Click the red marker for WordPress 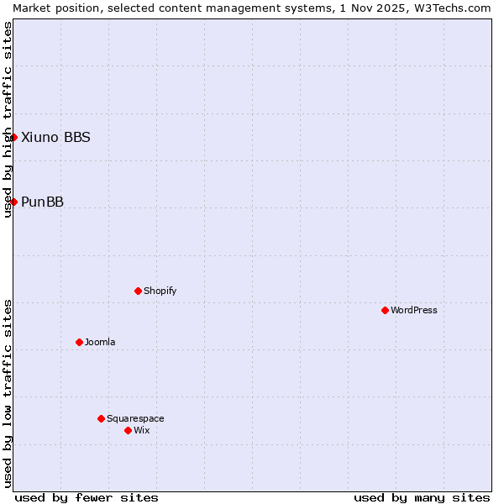click(x=385, y=310)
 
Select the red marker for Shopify click(x=138, y=291)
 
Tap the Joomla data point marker click(x=79, y=342)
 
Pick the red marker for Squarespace click(x=101, y=418)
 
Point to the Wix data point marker click(x=128, y=430)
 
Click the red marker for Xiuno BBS click(x=13, y=137)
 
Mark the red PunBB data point click(x=13, y=202)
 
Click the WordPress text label click(x=414, y=310)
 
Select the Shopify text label click(x=160, y=291)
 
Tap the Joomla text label click(x=100, y=342)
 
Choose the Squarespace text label click(x=135, y=418)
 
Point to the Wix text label click(x=142, y=430)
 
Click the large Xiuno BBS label click(x=55, y=137)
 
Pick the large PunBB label click(x=42, y=202)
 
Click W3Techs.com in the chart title click(x=454, y=8)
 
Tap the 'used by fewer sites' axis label click(x=87, y=497)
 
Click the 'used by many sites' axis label click(x=422, y=497)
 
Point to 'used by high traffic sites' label click(x=8, y=119)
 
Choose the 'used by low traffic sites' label click(x=8, y=393)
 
